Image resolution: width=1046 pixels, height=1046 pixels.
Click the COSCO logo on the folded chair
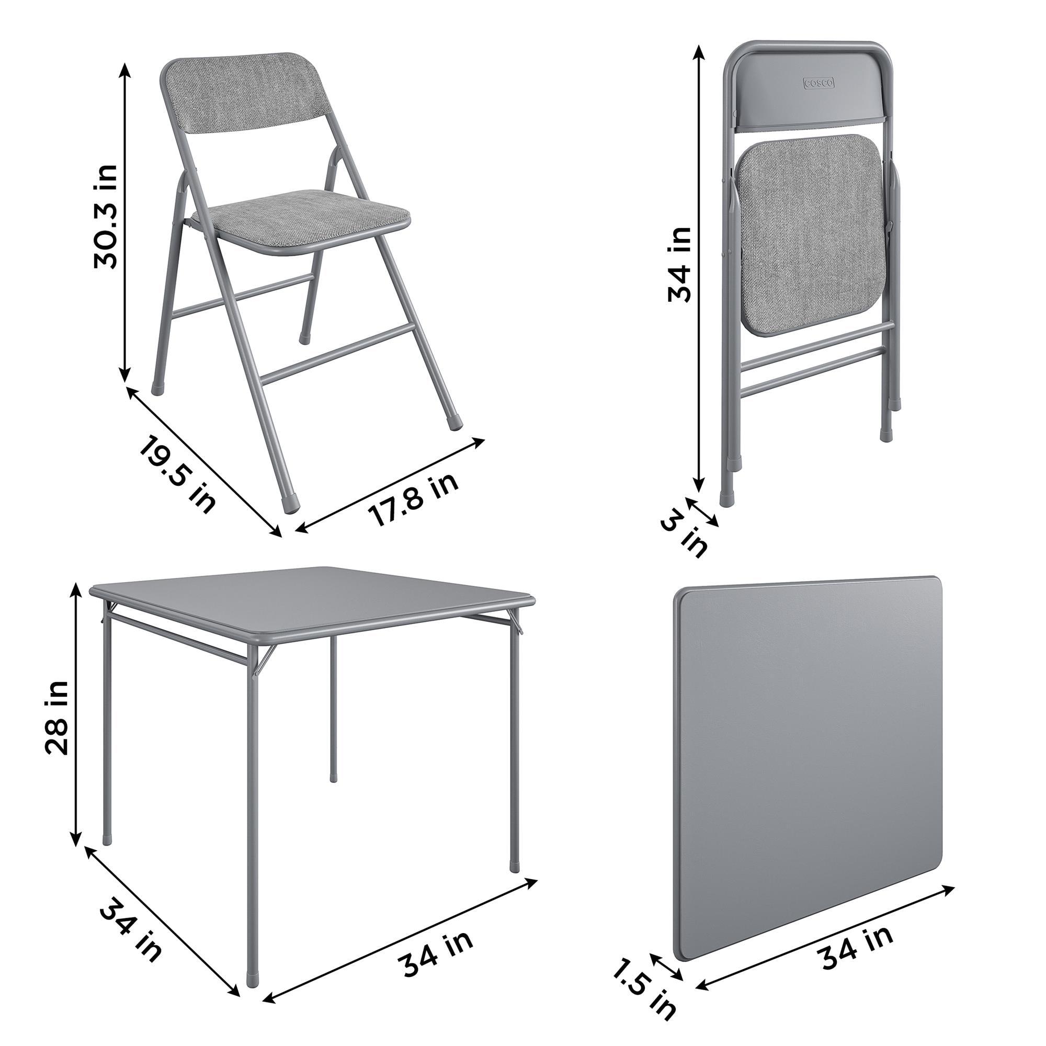coord(818,83)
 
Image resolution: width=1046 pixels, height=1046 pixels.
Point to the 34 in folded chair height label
coord(679,264)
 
